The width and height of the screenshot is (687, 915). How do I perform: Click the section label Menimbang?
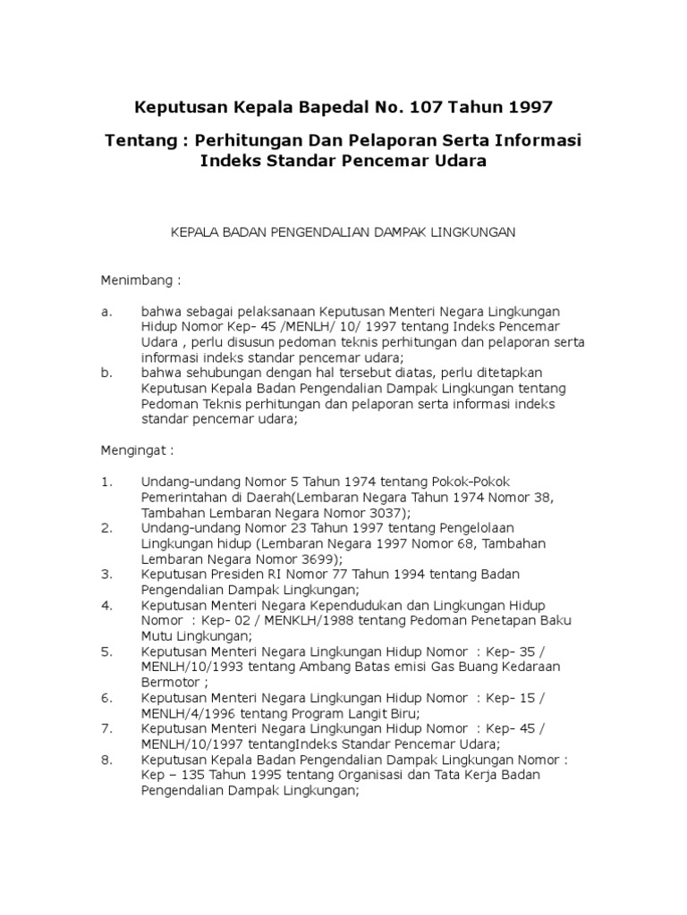coord(140,281)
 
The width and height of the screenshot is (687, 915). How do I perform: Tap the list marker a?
coord(106,312)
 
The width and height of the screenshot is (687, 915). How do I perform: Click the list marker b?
coord(106,373)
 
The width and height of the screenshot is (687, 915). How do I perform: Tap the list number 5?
coord(106,652)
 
